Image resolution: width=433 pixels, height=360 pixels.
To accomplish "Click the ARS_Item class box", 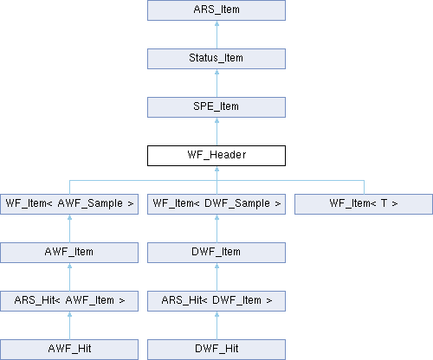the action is click(216, 10).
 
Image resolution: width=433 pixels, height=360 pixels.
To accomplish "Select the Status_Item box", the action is click(216, 59).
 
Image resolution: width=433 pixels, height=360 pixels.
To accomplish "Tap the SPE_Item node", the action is click(216, 107).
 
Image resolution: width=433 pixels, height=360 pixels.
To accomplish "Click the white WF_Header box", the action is click(216, 156).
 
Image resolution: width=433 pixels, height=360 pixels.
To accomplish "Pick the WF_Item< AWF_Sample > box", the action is click(69, 204).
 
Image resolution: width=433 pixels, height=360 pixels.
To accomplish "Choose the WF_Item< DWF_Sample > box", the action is click(216, 204).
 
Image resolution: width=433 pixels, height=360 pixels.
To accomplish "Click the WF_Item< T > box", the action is click(364, 204).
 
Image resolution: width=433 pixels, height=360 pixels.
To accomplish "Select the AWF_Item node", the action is click(69, 253).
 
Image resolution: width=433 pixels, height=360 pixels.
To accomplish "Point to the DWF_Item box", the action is click(216, 253).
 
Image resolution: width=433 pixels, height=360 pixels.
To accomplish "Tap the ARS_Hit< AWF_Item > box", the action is click(69, 301).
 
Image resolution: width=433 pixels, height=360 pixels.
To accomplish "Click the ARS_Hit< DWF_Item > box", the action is click(216, 301).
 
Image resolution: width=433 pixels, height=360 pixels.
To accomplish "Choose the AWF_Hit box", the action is click(69, 350).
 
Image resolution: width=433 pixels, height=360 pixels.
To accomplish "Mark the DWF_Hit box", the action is click(216, 350).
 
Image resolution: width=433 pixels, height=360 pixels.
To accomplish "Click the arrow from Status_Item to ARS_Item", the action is click(216, 35).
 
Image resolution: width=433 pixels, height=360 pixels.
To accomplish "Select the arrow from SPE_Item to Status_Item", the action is click(216, 83).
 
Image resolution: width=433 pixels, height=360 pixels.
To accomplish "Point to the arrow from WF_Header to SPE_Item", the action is click(216, 132).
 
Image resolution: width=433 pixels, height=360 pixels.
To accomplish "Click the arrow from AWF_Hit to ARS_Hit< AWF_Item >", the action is click(69, 325).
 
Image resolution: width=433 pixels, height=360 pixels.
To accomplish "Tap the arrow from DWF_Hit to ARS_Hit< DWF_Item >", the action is click(216, 325).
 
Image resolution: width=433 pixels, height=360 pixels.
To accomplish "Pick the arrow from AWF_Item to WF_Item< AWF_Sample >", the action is click(69, 228).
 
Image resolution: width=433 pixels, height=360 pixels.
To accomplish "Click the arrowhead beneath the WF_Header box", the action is click(216, 169).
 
